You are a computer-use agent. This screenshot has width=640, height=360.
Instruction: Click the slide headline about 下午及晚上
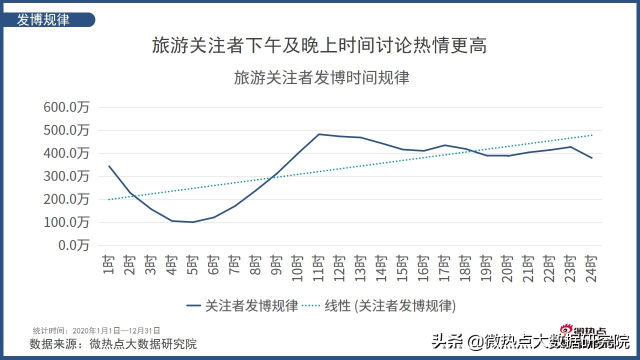319,46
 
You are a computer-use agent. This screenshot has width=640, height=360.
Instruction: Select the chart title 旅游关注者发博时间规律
321,78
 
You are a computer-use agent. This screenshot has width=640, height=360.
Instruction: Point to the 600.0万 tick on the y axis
67,107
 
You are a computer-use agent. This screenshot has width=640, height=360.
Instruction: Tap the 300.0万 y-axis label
67,176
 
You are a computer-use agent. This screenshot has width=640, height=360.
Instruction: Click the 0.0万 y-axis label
73,245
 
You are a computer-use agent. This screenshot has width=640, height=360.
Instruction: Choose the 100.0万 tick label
67,222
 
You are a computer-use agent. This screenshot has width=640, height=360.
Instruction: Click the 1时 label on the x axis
109,264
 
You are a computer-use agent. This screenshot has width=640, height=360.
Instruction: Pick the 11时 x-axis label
318,267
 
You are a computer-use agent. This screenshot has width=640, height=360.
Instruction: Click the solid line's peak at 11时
318,134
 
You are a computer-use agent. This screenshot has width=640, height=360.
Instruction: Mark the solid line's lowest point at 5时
192,222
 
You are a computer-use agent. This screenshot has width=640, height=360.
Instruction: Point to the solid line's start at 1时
109,166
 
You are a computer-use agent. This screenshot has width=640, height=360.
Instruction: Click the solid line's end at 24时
592,157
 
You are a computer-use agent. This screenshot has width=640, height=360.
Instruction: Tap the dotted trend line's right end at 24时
592,135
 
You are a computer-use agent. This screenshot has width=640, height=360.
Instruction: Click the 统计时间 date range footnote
96,330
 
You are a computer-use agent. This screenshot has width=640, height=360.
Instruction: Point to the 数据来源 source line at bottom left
113,344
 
